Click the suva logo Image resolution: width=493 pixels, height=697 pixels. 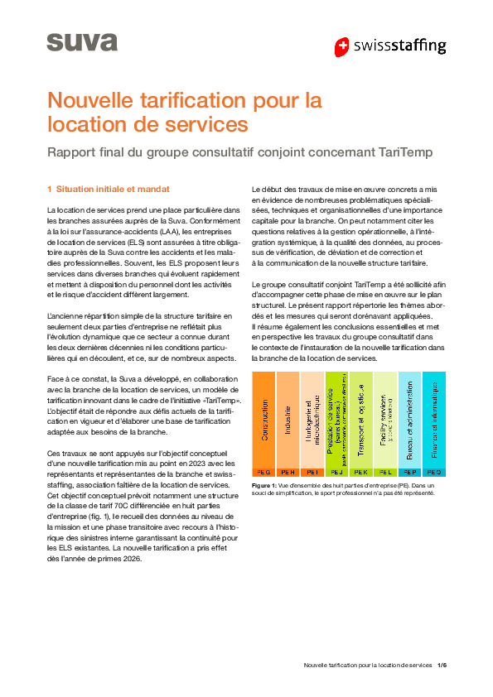click(70, 41)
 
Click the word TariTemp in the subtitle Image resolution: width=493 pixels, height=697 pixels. click(403, 152)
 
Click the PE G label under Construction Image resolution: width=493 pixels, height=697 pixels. click(263, 471)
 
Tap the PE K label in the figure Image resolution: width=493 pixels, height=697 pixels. click(361, 471)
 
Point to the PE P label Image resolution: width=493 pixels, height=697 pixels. click(409, 471)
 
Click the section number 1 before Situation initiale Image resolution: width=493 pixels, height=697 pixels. click(50, 189)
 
